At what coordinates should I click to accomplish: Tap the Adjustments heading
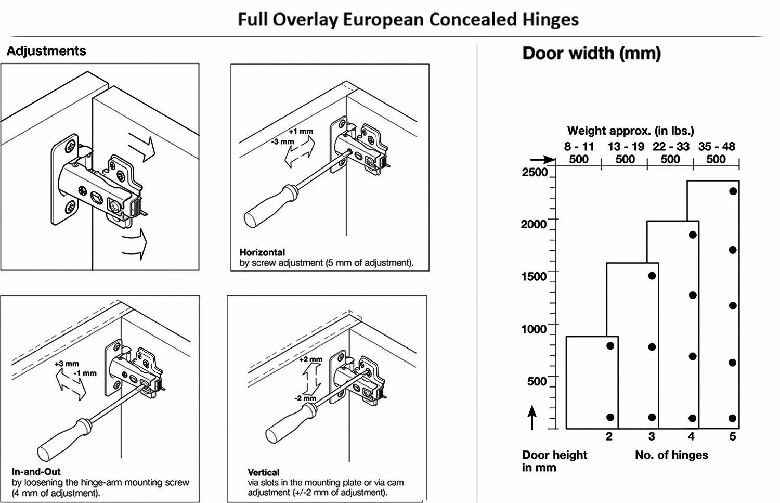point(46,51)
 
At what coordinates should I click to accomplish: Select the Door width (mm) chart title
point(591,53)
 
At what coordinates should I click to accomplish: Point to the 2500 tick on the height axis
point(535,172)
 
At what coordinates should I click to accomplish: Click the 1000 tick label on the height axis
point(534,329)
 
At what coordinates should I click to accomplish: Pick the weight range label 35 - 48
point(717,147)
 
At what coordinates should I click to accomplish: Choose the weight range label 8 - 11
point(579,147)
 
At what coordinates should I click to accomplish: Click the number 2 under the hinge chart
point(609,436)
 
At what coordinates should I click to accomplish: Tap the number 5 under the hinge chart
point(733,436)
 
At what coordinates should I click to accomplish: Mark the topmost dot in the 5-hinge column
point(733,191)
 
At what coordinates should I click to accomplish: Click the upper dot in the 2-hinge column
point(610,346)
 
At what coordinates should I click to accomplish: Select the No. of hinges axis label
point(671,455)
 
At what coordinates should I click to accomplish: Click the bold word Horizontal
point(262,252)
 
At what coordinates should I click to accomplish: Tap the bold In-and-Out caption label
point(36,472)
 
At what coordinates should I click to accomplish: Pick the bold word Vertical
point(263,472)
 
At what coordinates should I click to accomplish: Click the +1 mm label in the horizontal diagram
point(301,131)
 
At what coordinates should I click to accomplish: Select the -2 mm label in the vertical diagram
point(305,398)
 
